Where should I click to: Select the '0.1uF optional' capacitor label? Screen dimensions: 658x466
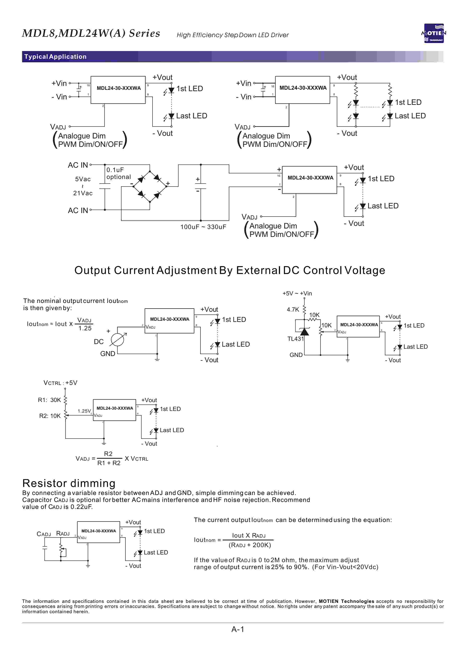point(118,173)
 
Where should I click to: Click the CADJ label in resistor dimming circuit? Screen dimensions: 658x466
point(44,534)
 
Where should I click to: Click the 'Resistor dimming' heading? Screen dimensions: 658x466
point(69,483)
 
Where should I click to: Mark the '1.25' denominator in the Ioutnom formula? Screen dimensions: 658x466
point(85,328)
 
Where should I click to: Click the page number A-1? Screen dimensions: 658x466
point(238,629)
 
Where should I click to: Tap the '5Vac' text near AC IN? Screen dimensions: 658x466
point(83,179)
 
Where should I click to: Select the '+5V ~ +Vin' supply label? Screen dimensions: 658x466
point(297,293)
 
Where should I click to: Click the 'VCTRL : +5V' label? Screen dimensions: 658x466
point(60,383)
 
